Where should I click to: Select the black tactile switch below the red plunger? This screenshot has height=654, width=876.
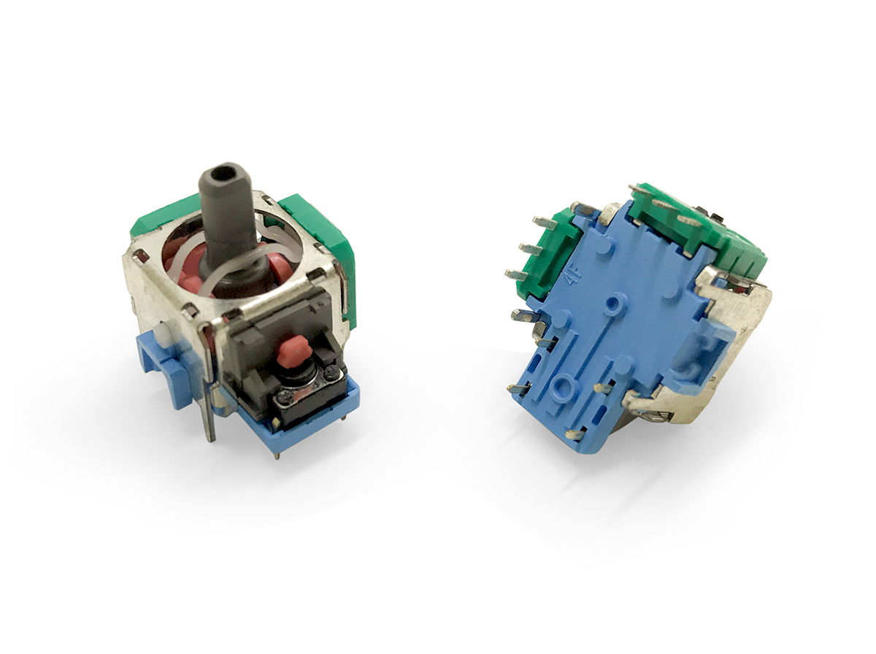coord(302,391)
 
